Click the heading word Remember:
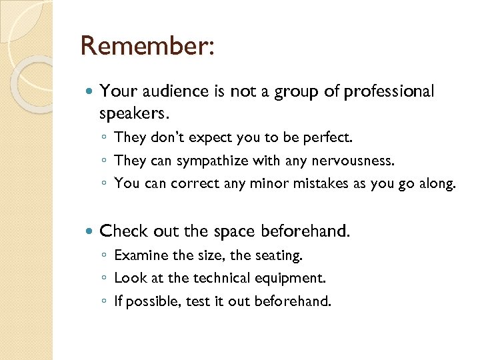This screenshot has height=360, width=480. (x=147, y=46)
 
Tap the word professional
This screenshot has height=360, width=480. (x=389, y=91)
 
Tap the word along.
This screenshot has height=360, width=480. (x=435, y=183)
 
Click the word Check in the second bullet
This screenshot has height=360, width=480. (x=124, y=231)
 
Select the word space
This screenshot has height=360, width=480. (x=235, y=231)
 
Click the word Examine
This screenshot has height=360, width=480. (x=141, y=255)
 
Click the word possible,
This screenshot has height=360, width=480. (x=152, y=301)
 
